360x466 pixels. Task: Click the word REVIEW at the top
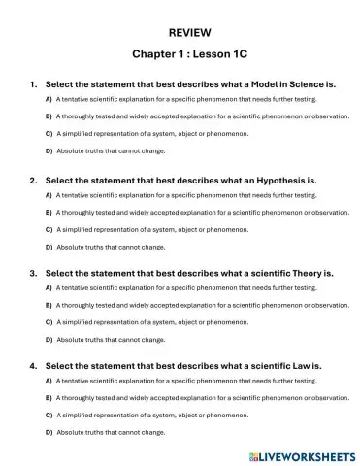[180, 32]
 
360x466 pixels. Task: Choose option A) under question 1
[49, 100]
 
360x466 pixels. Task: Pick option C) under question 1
[49, 133]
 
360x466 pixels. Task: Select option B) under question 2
[49, 211]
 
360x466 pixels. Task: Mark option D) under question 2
[49, 246]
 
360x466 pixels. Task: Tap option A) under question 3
[49, 288]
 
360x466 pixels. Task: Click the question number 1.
[33, 84]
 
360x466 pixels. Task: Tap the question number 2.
[33, 180]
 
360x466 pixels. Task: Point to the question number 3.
[33, 274]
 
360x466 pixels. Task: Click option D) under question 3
[49, 339]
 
